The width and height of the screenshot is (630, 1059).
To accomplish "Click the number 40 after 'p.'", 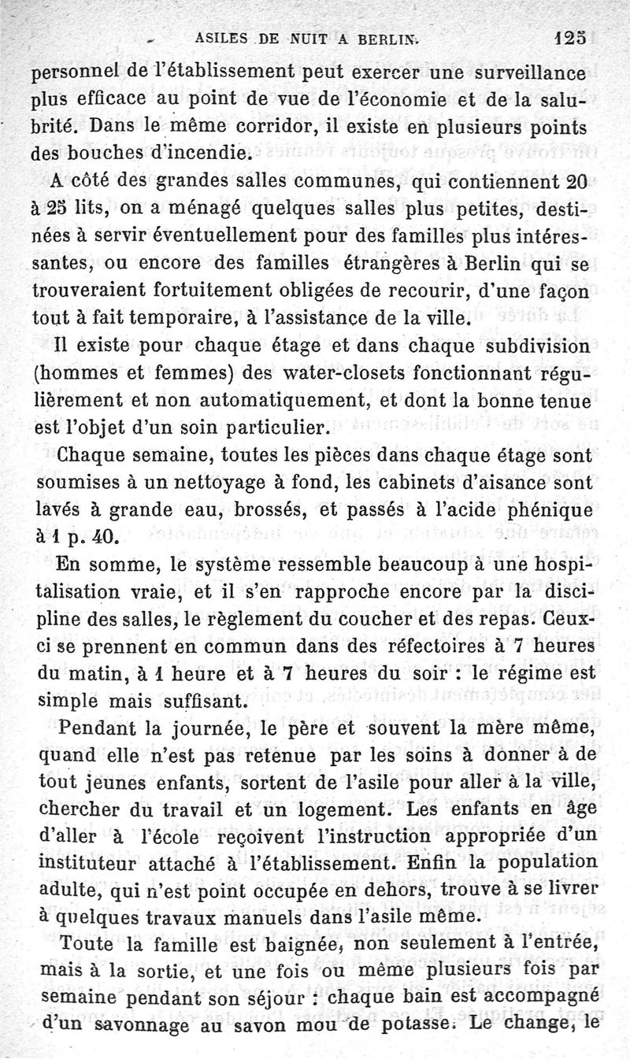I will click(x=105, y=539).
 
